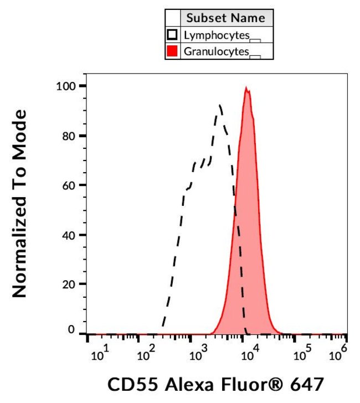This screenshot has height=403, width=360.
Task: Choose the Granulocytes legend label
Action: pyautogui.click(x=217, y=51)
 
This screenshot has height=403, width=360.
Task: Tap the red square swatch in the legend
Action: pyautogui.click(x=172, y=51)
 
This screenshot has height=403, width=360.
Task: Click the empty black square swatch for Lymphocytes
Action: pyautogui.click(x=172, y=35)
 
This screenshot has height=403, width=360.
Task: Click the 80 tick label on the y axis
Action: pyautogui.click(x=69, y=136)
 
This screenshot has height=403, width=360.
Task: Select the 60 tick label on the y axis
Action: pyautogui.click(x=69, y=185)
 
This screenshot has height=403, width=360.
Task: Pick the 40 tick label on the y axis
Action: pyautogui.click(x=69, y=235)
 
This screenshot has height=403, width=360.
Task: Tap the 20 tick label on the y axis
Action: pyautogui.click(x=69, y=284)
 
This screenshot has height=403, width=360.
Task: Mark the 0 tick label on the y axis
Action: pyautogui.click(x=72, y=330)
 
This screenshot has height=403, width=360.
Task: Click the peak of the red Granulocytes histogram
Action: pyautogui.click(x=247, y=88)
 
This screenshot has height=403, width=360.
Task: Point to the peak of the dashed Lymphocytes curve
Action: pyautogui.click(x=220, y=105)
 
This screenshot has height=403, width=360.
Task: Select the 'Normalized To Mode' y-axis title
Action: pyautogui.click(x=20, y=203)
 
